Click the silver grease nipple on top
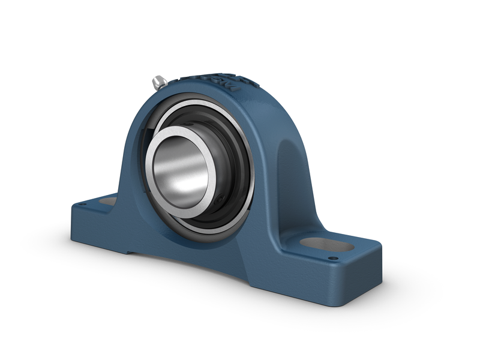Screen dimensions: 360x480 coord(159,82)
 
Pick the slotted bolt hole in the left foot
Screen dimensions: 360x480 coord(109,202)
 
